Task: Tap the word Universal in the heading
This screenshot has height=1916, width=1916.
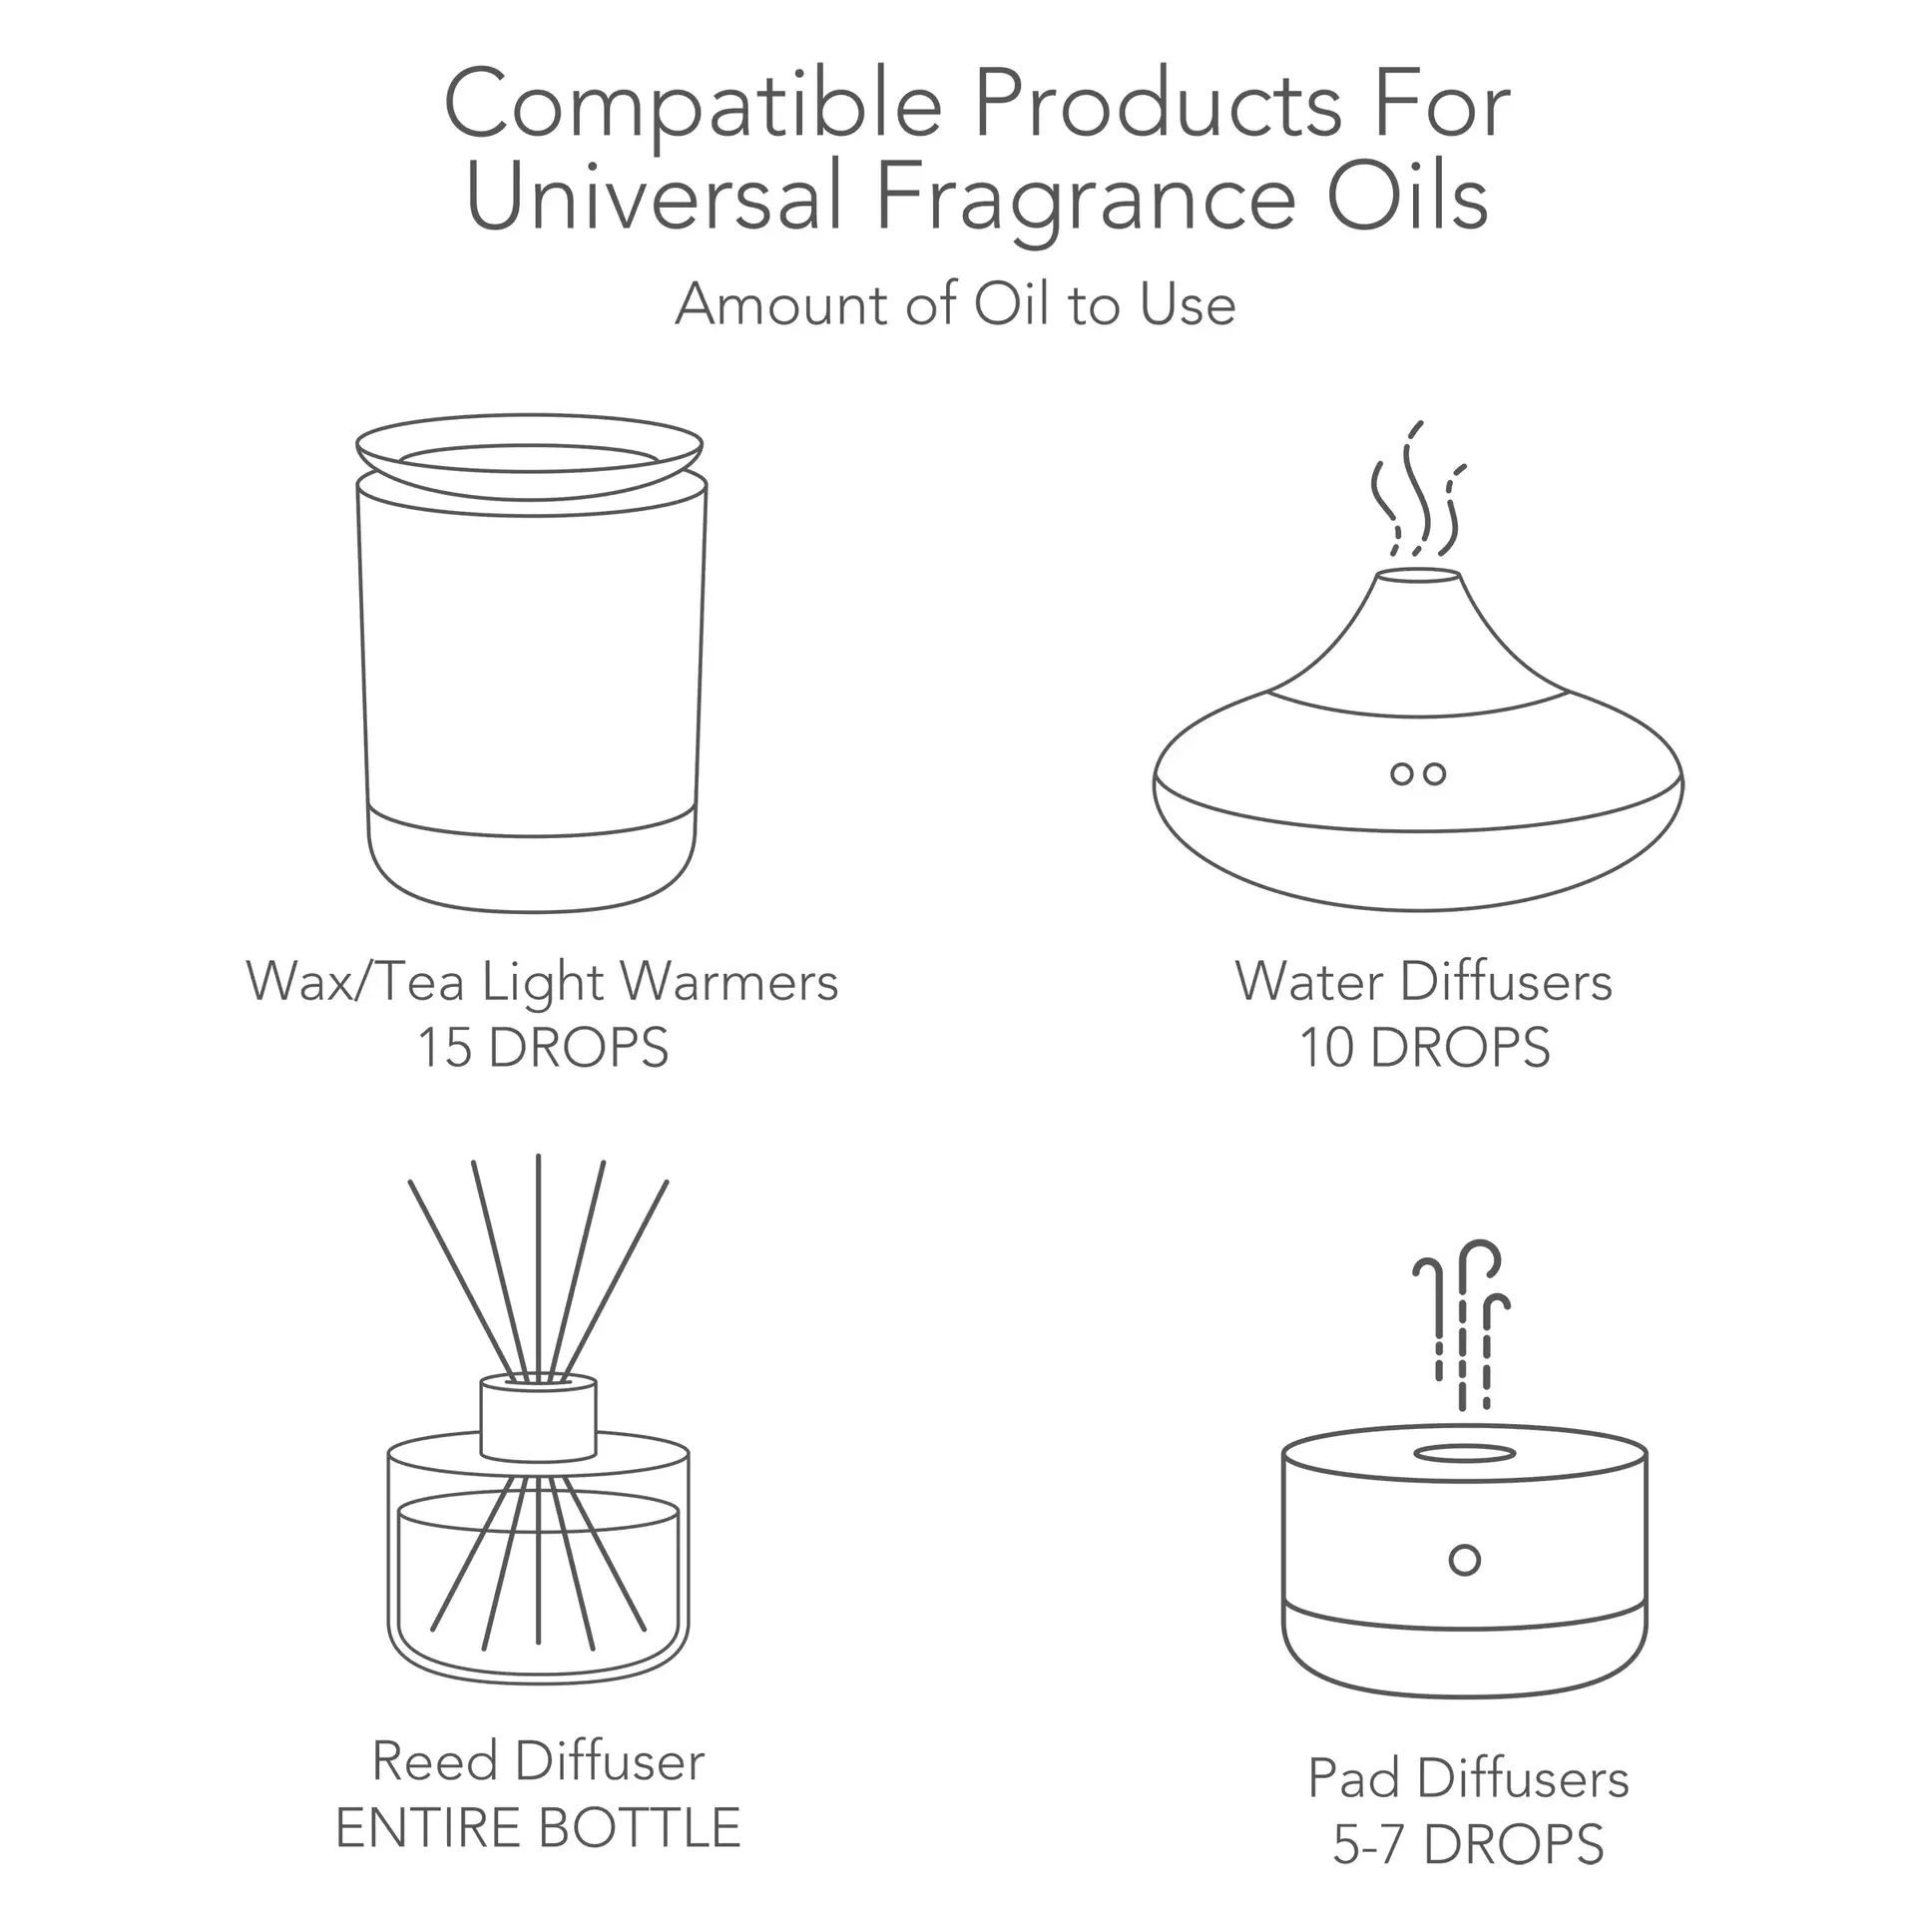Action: point(655,198)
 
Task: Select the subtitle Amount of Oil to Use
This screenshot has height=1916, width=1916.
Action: point(956,304)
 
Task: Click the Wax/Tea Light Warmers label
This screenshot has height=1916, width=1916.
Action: point(542,982)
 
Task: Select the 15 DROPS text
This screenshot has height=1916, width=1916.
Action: point(542,1048)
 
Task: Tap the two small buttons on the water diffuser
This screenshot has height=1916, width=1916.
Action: point(1418,773)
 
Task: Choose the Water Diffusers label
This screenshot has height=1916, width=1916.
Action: point(1423,982)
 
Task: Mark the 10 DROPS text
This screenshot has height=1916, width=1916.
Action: point(1424,1048)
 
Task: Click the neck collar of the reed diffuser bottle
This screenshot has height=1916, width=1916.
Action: point(538,1417)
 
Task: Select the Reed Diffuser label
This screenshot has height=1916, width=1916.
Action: point(538,1761)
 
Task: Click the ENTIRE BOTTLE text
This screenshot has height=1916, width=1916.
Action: point(538,1828)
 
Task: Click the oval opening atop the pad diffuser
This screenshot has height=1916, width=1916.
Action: point(1464,1454)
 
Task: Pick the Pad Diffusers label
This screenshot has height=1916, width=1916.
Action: point(1468,1778)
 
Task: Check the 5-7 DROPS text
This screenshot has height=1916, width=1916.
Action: point(1468,1844)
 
